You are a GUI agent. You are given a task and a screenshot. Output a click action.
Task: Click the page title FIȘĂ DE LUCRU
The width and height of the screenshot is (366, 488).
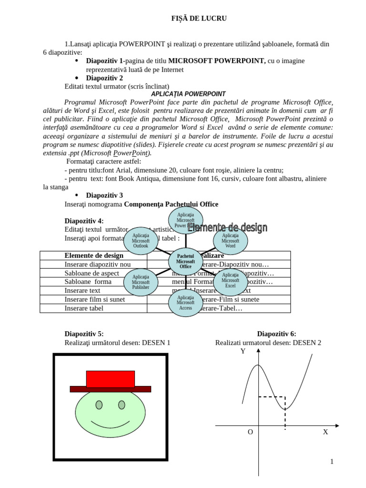pos(193,19)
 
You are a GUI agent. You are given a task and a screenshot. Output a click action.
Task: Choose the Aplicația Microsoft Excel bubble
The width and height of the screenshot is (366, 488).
pos(230,281)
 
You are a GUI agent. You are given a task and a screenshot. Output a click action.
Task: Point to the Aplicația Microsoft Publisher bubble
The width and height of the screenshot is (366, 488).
pos(141,282)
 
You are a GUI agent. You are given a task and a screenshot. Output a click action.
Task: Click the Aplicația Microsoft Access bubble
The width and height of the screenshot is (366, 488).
pos(185,303)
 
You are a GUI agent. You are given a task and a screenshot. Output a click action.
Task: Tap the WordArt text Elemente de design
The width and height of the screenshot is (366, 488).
pos(227,228)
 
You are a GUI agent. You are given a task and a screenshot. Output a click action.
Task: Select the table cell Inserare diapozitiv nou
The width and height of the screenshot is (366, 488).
pos(98,264)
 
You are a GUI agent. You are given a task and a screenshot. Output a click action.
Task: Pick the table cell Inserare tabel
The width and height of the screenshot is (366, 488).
pos(84,308)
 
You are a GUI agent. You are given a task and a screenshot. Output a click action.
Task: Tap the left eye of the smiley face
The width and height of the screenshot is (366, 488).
pos(99,405)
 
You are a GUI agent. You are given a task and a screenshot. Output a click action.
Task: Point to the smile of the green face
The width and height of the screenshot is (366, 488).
pos(110,424)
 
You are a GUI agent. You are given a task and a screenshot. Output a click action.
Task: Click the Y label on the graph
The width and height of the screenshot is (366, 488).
pos(243,352)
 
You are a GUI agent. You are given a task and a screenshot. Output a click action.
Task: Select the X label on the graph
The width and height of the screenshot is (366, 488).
pos(325,432)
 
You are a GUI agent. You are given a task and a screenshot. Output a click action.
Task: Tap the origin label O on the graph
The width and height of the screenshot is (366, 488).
pos(250,432)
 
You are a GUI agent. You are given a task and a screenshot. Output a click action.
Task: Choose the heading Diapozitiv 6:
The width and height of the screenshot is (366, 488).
pos(276,334)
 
